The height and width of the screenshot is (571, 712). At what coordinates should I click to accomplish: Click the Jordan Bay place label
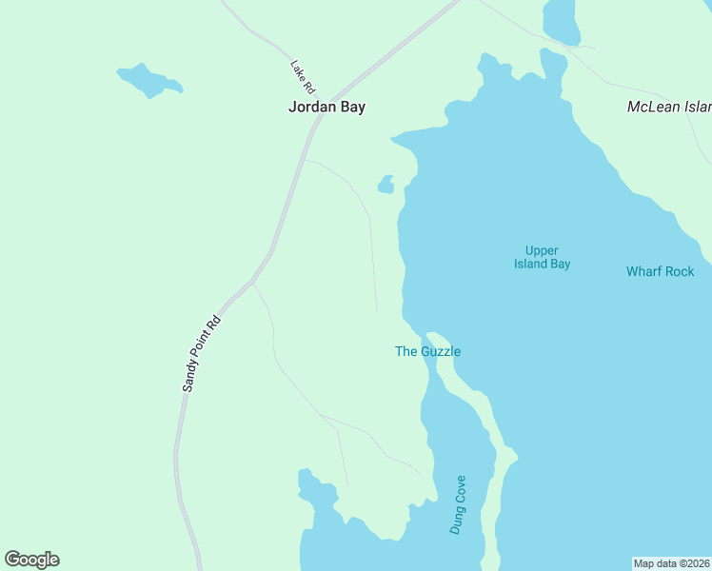[326, 108]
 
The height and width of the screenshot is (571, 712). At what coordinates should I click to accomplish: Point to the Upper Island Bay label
[542, 257]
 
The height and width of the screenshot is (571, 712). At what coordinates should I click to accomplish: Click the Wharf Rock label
[660, 271]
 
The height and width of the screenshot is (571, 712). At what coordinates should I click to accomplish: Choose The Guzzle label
[427, 351]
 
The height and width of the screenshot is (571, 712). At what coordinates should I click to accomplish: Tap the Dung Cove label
[458, 504]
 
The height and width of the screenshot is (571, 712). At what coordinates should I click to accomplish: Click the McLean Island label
[668, 107]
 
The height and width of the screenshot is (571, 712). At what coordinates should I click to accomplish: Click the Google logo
[31, 560]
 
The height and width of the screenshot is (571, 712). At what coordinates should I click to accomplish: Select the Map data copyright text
[671, 563]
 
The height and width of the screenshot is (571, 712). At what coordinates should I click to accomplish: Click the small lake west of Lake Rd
[148, 80]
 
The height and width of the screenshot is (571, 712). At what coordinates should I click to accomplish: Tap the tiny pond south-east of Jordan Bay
[386, 184]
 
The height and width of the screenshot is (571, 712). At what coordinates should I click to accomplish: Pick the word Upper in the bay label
[542, 250]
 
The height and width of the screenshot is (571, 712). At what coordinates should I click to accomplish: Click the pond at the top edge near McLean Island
[561, 19]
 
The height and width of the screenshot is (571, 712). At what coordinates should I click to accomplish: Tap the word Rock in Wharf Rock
[679, 271]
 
